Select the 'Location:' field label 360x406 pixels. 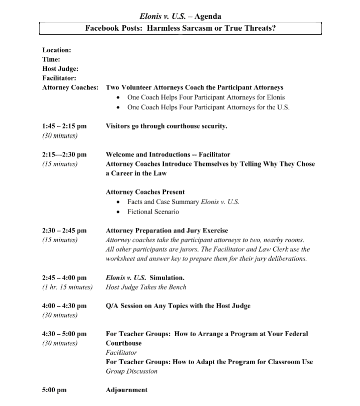56,50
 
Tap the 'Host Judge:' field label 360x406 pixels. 60,69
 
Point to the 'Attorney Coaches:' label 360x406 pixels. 70,87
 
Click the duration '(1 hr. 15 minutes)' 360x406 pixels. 67,287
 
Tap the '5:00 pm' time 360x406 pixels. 54,390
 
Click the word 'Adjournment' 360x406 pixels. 127,390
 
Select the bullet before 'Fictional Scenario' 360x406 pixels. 117,212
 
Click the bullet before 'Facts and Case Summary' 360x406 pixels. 117,202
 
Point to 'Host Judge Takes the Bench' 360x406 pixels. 146,287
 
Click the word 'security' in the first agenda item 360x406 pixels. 213,126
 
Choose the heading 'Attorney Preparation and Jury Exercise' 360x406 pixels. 167,231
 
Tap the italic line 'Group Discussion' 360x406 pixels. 132,371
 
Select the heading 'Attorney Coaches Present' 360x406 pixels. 145,192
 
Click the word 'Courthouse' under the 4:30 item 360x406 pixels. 124,343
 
